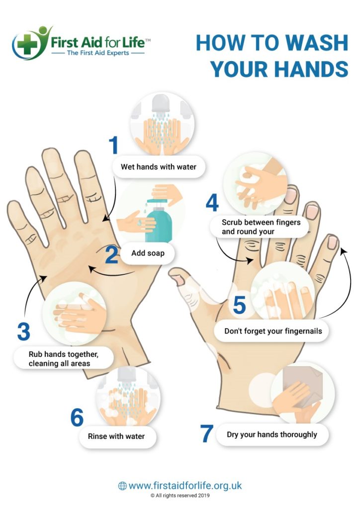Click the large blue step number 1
click(x=114, y=145)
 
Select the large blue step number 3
click(x=23, y=332)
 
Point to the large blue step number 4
click(x=212, y=203)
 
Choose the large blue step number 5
click(x=239, y=305)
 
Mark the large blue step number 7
click(x=207, y=433)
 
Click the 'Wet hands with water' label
click(x=158, y=167)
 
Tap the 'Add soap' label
click(x=148, y=254)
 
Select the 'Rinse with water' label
click(x=116, y=436)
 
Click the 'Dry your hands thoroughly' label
click(x=271, y=434)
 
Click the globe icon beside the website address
click(x=122, y=486)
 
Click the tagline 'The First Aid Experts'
click(x=98, y=52)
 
